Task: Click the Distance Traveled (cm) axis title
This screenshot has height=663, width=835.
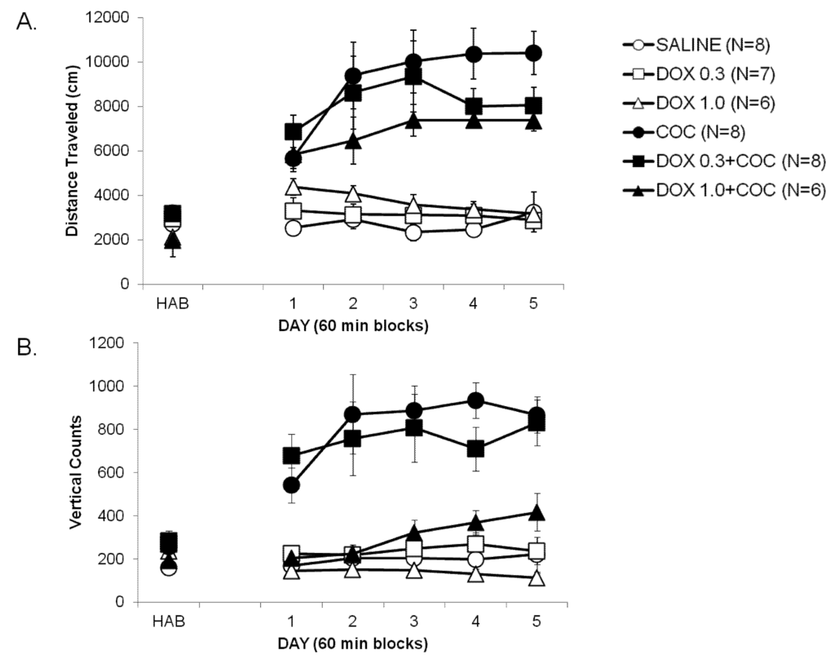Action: [72, 151]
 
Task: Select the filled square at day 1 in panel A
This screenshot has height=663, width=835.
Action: [294, 131]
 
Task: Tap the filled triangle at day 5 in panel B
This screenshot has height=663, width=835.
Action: [535, 512]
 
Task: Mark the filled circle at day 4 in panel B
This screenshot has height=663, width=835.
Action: [475, 400]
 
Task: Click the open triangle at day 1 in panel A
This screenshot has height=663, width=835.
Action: [294, 187]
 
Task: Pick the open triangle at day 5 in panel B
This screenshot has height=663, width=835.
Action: [535, 578]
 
